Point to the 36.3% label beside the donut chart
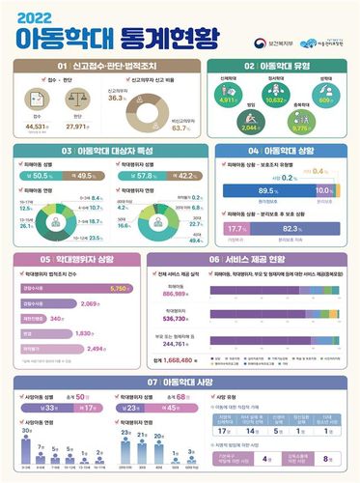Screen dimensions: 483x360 pos(119,98)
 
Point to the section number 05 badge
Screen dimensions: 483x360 pos(44,260)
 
